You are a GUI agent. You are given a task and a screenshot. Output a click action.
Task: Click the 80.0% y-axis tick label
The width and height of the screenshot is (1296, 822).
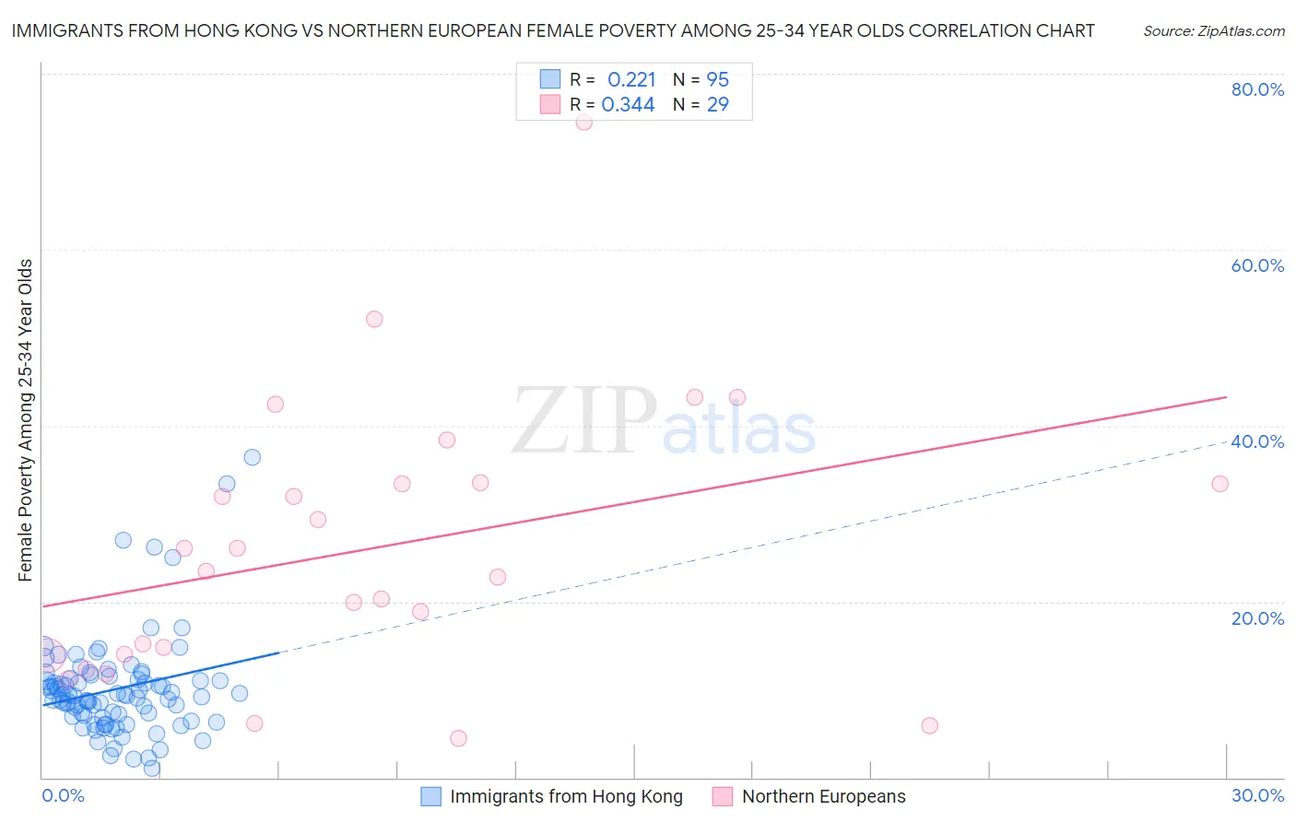[1257, 89]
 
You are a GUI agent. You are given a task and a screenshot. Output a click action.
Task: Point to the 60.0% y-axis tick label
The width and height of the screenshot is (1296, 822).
[1257, 265]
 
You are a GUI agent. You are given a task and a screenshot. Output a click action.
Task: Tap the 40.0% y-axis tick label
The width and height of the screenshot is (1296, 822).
[1257, 441]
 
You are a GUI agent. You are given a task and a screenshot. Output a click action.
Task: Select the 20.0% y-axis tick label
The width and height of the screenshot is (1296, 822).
[1257, 618]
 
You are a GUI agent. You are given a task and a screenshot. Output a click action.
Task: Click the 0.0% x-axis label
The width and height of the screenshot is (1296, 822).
[63, 795]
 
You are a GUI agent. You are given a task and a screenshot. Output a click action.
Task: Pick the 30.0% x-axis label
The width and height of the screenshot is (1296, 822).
[1257, 795]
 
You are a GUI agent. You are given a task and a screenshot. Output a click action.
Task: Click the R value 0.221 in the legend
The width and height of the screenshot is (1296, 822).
[631, 80]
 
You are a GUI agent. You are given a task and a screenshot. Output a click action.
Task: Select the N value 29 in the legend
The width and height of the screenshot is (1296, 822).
[717, 105]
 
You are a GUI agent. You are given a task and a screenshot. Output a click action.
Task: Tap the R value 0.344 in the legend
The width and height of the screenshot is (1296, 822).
[628, 105]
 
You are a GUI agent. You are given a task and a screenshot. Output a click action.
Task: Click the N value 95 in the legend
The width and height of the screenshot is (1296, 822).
[717, 80]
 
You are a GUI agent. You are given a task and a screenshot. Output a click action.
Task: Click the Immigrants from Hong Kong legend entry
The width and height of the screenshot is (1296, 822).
[565, 796]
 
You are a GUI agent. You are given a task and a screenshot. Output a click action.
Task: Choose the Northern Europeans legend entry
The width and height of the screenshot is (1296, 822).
[822, 796]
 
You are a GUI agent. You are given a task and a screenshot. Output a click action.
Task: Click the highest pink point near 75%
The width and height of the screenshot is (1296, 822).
[583, 122]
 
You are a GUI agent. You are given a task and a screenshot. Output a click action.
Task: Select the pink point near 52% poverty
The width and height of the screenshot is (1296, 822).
[374, 319]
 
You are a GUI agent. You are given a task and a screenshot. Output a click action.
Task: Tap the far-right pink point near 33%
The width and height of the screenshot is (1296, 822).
[1220, 484]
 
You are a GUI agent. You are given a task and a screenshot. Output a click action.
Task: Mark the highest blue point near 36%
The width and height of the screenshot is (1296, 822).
[252, 457]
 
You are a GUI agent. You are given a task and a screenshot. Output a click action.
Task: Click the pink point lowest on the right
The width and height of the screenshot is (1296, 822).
[929, 726]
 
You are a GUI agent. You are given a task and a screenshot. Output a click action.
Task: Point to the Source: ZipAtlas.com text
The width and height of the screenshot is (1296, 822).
[1213, 30]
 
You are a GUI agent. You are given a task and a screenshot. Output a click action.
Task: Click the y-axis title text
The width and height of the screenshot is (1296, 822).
[25, 420]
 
